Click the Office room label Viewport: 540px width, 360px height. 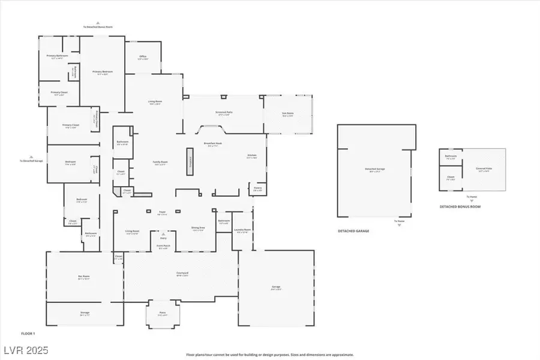(x=142, y=58)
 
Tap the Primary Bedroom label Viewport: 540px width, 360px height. (x=103, y=73)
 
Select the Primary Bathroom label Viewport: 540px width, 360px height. (x=58, y=56)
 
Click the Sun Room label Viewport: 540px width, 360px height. (x=288, y=114)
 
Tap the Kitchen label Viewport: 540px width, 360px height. (x=252, y=157)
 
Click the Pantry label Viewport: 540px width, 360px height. (x=258, y=188)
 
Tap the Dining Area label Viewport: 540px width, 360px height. (x=199, y=230)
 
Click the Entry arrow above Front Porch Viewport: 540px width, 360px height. (x=163, y=235)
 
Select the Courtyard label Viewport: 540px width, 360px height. (x=183, y=274)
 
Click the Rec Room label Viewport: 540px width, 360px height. (x=84, y=277)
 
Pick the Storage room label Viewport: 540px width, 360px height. (x=85, y=313)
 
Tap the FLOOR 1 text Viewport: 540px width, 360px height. (x=29, y=333)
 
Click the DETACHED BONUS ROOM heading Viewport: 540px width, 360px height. (x=460, y=207)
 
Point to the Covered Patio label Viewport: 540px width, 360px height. (x=483, y=169)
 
